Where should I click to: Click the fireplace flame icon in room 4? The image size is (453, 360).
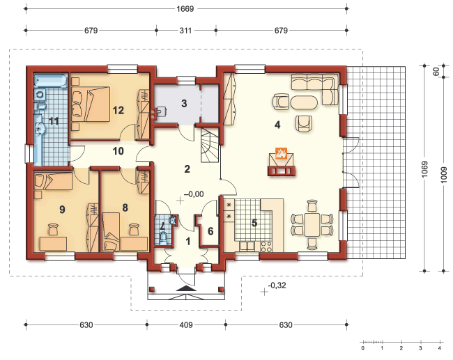click(x=281, y=153)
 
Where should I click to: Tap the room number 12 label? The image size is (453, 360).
click(x=118, y=110)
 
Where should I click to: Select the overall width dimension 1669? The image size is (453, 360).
click(x=185, y=8)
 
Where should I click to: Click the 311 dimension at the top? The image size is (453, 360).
click(x=185, y=31)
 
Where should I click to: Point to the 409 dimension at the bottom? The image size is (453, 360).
click(x=186, y=325)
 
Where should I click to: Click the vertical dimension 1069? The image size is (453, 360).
click(x=424, y=169)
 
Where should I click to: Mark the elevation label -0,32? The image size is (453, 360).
click(x=277, y=285)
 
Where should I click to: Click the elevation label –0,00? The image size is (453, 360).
click(x=194, y=194)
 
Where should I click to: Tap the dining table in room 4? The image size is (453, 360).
click(x=312, y=225)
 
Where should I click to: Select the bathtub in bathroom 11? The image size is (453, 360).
click(x=51, y=80)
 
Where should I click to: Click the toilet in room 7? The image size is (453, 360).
click(x=163, y=237)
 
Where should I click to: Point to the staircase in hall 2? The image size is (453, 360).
click(x=210, y=146)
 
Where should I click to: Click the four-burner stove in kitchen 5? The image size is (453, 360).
click(x=266, y=246)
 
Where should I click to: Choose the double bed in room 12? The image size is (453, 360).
click(x=91, y=104)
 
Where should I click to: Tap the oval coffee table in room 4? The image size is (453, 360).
click(x=304, y=102)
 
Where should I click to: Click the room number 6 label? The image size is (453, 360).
click(x=210, y=231)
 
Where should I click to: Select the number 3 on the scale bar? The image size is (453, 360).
click(x=420, y=348)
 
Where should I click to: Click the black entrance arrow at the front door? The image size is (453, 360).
click(x=186, y=288)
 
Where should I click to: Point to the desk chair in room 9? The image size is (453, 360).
click(x=53, y=230)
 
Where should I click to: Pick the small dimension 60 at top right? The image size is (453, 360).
click(x=436, y=71)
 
